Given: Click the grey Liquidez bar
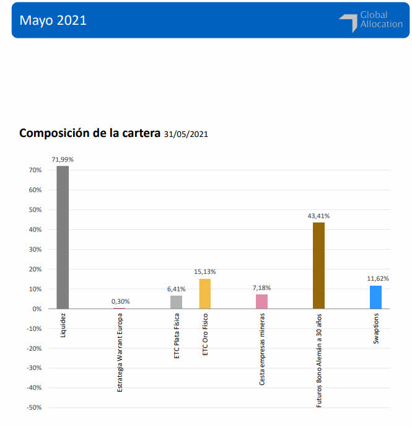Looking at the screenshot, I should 63,237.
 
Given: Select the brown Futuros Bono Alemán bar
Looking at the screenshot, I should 318,265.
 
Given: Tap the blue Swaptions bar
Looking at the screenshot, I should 375,297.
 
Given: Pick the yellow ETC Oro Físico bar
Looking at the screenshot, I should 205,293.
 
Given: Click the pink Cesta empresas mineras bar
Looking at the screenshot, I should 261,301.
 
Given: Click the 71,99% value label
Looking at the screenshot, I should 63,160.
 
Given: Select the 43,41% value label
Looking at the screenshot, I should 318,216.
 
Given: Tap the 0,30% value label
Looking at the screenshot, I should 121,302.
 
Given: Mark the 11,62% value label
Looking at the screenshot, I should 377,279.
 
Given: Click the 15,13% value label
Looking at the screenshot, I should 205,272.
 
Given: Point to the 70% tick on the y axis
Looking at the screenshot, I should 34,170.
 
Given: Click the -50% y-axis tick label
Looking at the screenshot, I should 33,408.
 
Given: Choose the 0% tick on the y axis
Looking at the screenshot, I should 36,309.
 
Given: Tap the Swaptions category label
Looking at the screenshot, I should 376,328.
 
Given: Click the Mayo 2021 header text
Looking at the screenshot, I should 53,20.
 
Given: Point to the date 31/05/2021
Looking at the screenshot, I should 186,134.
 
